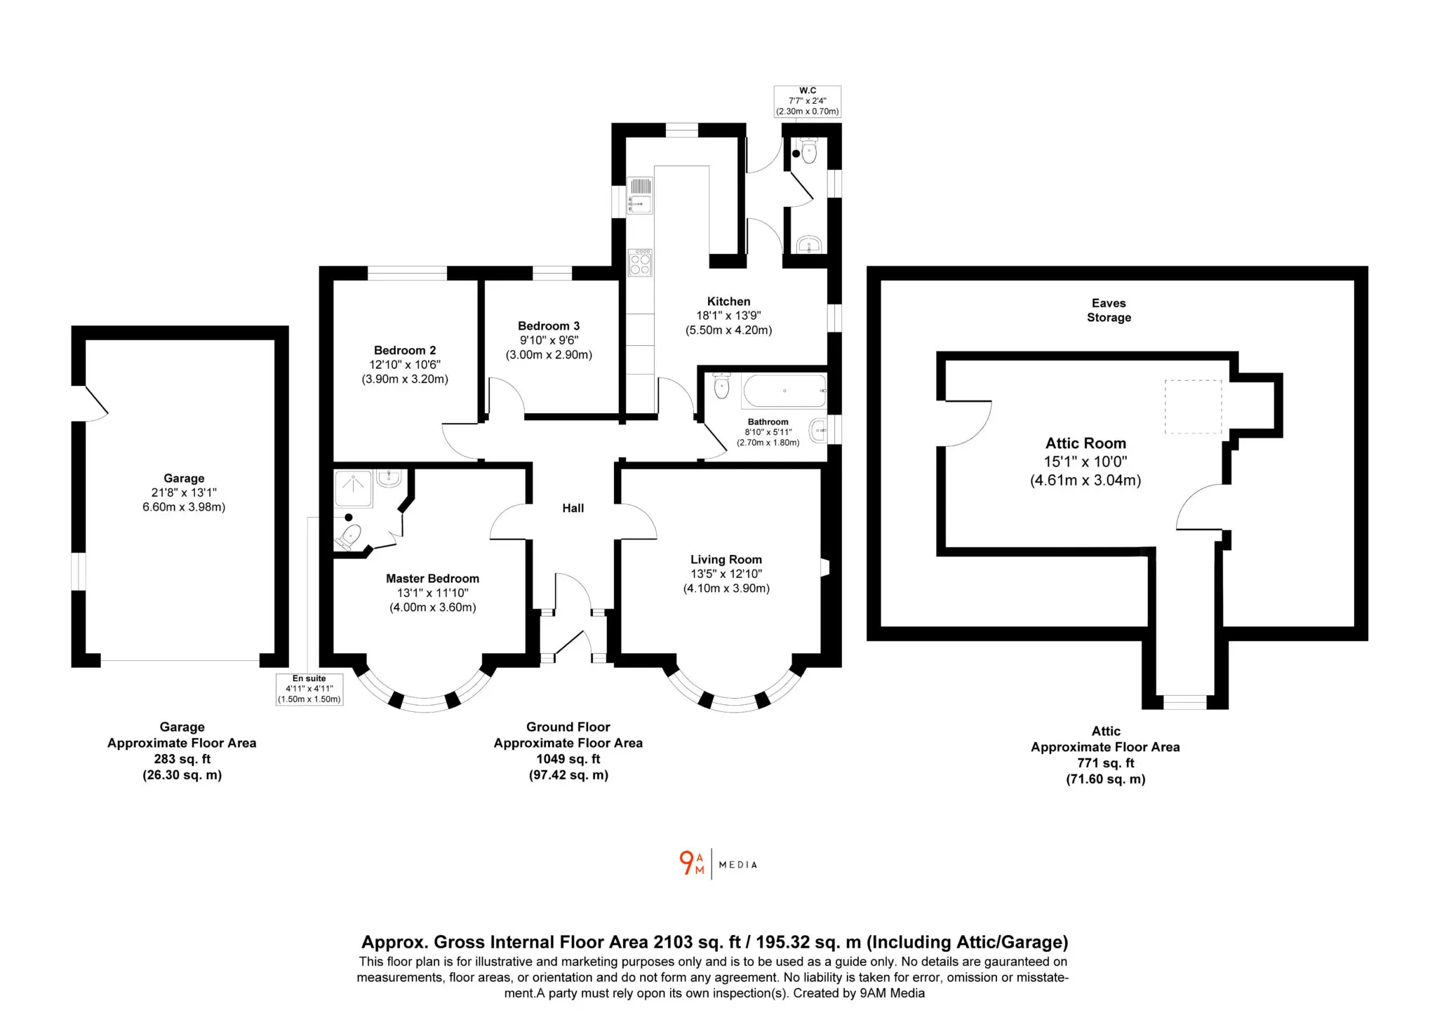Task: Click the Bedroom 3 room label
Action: pos(549,325)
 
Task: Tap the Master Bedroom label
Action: pos(432,579)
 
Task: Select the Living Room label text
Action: pos(726,559)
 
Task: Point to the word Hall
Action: pos(573,508)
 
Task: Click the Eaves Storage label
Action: pos(1109,310)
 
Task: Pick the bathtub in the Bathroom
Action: pos(784,391)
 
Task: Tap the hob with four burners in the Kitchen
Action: pos(640,263)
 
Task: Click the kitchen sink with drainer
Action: pos(640,196)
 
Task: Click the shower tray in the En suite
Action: pos(353,488)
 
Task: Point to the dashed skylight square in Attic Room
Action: pos(1193,407)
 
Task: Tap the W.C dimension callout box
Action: pos(808,101)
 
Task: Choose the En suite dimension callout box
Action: pos(309,689)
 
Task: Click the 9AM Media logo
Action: pos(718,863)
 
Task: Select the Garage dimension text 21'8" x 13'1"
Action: pos(184,492)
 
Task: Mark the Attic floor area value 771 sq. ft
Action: pos(1106,763)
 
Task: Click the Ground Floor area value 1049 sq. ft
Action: pos(568,759)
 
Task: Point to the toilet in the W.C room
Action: pos(809,150)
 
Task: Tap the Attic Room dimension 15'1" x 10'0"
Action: pos(1085,462)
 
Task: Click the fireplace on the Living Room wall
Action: pos(825,567)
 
